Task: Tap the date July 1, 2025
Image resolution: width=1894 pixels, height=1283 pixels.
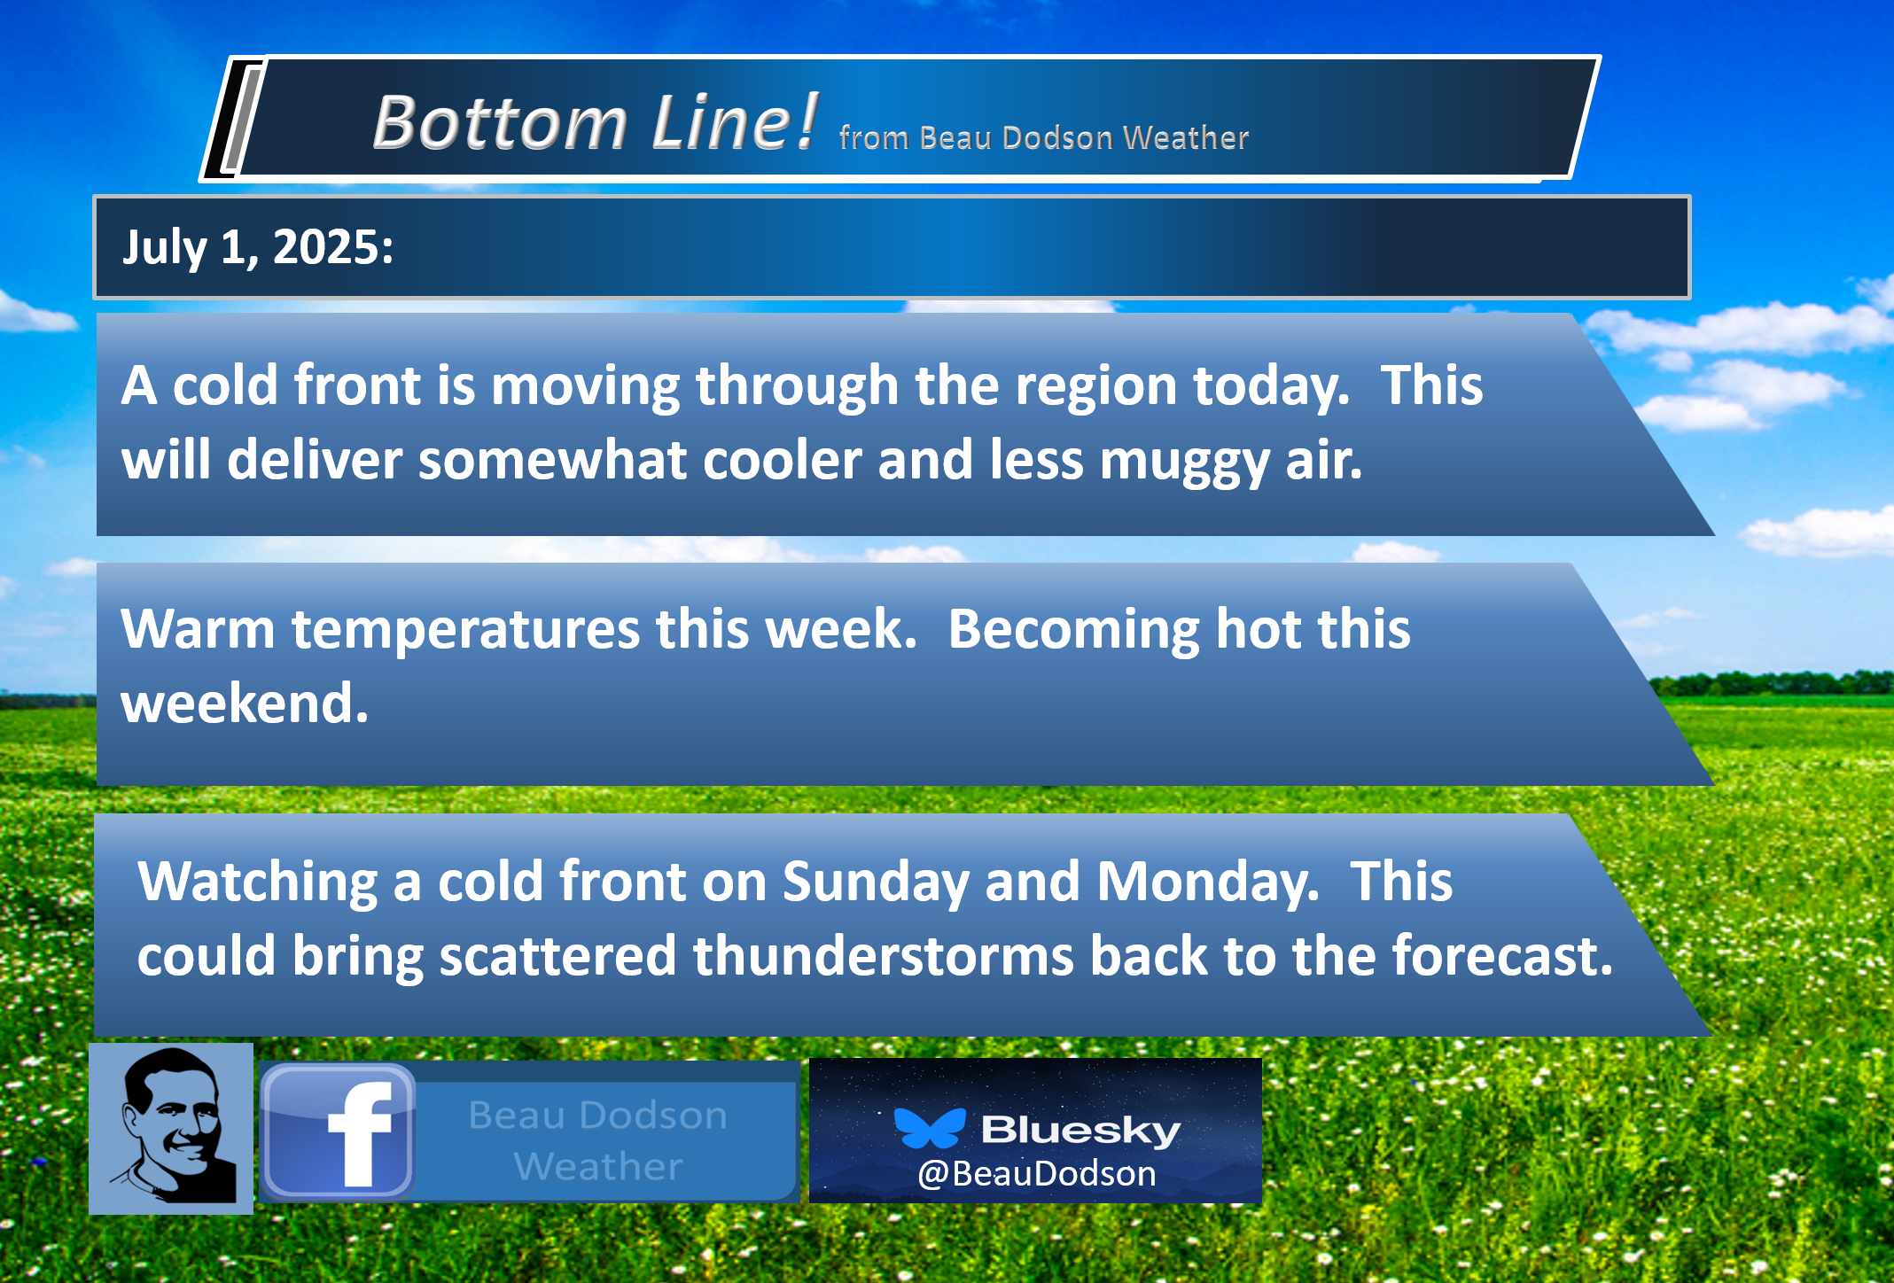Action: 258,246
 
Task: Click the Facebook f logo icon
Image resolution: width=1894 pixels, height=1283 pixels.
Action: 338,1131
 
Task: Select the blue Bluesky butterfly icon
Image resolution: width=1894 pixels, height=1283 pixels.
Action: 930,1127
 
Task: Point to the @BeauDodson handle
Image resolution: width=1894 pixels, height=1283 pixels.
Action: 1037,1173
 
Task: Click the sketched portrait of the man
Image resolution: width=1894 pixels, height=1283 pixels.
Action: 171,1128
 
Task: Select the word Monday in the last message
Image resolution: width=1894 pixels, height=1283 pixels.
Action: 1208,882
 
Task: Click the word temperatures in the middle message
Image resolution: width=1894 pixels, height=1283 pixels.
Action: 466,629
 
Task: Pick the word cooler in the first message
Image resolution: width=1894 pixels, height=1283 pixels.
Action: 783,460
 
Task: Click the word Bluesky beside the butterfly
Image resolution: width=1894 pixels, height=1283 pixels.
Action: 1081,1129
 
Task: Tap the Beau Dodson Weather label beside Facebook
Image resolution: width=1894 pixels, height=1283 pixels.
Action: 598,1140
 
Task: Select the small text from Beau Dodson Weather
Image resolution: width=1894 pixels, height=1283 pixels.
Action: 1044,137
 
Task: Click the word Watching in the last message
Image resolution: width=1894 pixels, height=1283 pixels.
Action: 258,882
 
